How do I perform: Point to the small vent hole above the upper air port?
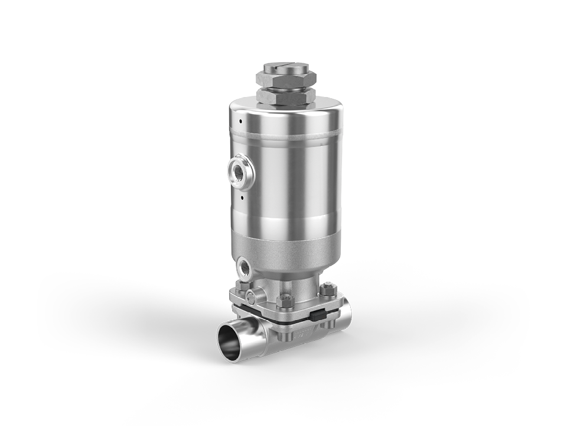(241, 121)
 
